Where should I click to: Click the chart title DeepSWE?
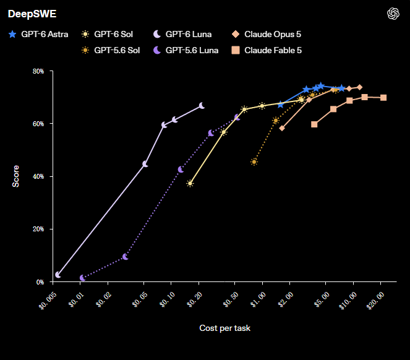[x=32, y=14]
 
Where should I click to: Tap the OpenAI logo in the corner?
[x=393, y=14]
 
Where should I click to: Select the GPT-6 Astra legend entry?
[x=38, y=34]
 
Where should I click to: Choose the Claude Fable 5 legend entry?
[x=267, y=50]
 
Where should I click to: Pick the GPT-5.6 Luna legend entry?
[x=186, y=50]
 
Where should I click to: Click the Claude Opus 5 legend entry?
[x=266, y=34]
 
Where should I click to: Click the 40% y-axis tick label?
[x=38, y=176]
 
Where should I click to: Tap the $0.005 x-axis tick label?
[x=48, y=301]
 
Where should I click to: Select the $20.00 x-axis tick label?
[x=375, y=301]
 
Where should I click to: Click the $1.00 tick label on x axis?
[x=258, y=300]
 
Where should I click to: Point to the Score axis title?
[x=15, y=176]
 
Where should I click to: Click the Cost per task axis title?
[x=225, y=328]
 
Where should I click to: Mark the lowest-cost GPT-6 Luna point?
[x=58, y=275]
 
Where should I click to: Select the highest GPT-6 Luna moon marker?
[x=202, y=106]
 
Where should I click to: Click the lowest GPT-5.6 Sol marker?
[x=254, y=161]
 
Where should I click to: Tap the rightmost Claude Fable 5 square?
[x=383, y=98]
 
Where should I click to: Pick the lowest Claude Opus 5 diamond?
[x=282, y=128]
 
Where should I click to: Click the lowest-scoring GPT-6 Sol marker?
[x=190, y=183]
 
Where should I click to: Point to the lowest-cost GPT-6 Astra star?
[x=281, y=105]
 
